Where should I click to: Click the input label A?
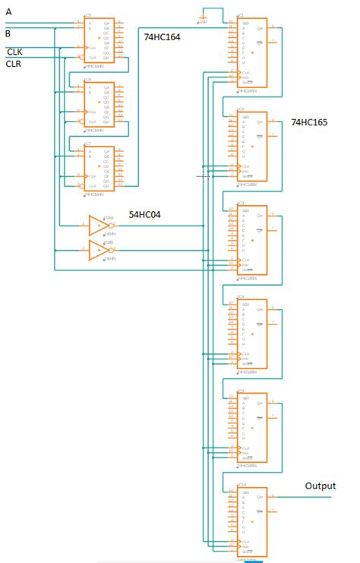coord(8,11)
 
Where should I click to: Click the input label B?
coord(8,33)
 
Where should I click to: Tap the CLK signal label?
coord(14,52)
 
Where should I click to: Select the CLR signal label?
coord(14,65)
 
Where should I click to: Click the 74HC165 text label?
coord(310,122)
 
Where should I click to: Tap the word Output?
coord(320,486)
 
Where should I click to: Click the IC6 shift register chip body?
coord(99,103)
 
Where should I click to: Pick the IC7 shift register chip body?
coord(99,168)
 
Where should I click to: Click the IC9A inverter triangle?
coord(98,226)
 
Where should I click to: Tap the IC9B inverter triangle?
coord(98,250)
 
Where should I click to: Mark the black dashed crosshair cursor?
coord(201,176)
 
